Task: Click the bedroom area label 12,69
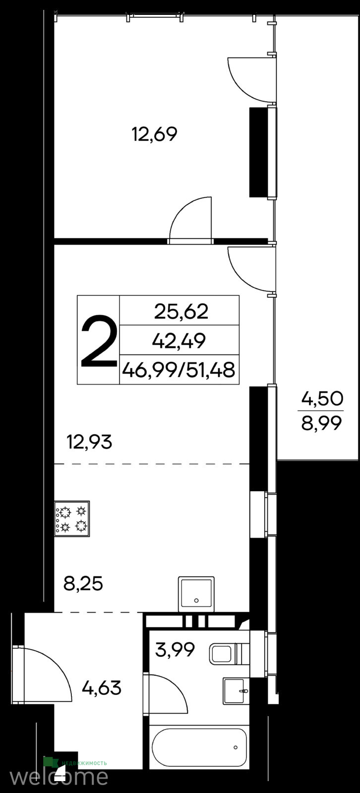[x=155, y=134]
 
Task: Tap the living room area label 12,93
[x=90, y=442]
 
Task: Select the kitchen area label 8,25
[x=83, y=584]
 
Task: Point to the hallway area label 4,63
[x=102, y=688]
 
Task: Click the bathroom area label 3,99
[x=175, y=650]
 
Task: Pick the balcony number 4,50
[x=322, y=399]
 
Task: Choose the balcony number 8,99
[x=322, y=423]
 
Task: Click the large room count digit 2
[x=99, y=342]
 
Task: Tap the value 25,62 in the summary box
[x=181, y=312]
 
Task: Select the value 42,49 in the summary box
[x=179, y=341]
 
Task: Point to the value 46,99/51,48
[x=179, y=370]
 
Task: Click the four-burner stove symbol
[x=72, y=518]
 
